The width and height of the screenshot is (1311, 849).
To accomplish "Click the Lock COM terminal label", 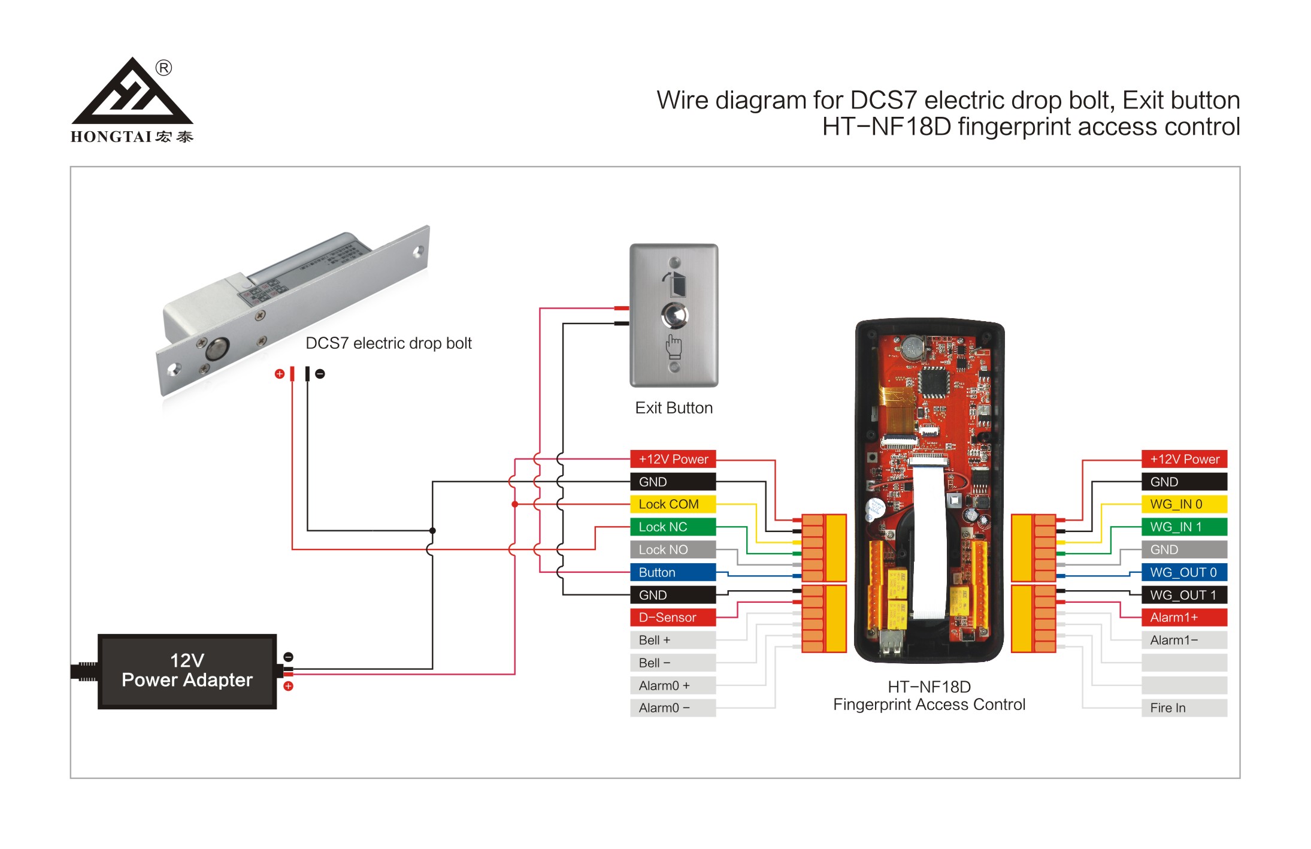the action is pyautogui.click(x=673, y=504).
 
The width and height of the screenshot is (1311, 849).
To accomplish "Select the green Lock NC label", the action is pyautogui.click(x=673, y=527).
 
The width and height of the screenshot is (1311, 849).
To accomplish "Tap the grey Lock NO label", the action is pyautogui.click(x=673, y=549).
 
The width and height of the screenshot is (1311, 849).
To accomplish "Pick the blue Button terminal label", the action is pyautogui.click(x=673, y=572).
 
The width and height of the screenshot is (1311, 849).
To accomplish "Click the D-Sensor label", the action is pyautogui.click(x=673, y=617).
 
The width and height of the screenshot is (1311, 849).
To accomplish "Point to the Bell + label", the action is pyautogui.click(x=673, y=640).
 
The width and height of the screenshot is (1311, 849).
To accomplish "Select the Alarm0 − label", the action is pyautogui.click(x=673, y=708).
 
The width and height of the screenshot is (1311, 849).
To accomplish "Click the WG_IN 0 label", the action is pyautogui.click(x=1184, y=504).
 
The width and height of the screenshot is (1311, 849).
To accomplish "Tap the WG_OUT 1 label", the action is pyautogui.click(x=1184, y=595).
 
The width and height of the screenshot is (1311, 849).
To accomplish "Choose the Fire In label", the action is pyautogui.click(x=1184, y=708).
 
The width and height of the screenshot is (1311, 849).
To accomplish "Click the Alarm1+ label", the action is pyautogui.click(x=1184, y=617).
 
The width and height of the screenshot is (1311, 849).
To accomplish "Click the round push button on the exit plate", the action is pyautogui.click(x=674, y=315).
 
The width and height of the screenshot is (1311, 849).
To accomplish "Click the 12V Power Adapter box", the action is pyautogui.click(x=187, y=671).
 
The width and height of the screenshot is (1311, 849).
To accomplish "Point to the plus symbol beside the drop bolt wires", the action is pyautogui.click(x=279, y=374).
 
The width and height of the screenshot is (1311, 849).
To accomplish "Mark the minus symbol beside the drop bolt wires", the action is pyautogui.click(x=320, y=374).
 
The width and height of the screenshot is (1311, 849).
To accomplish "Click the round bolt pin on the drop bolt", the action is pyautogui.click(x=217, y=349).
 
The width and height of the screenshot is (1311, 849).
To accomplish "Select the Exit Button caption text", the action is pyautogui.click(x=674, y=408).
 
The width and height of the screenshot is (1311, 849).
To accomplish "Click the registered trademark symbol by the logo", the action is pyautogui.click(x=164, y=68).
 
